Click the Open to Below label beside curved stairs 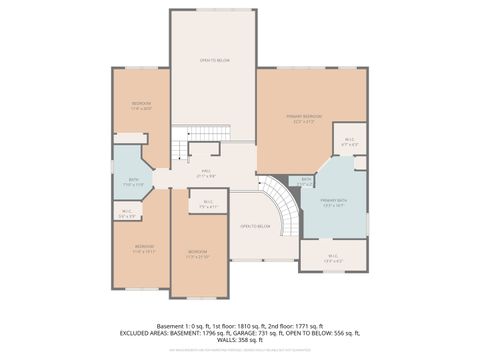255,227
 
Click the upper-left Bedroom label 141,106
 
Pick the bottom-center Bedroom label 198,253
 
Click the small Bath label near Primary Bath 307,182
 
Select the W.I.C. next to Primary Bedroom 349,142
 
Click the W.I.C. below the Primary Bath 333,258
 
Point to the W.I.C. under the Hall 208,205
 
